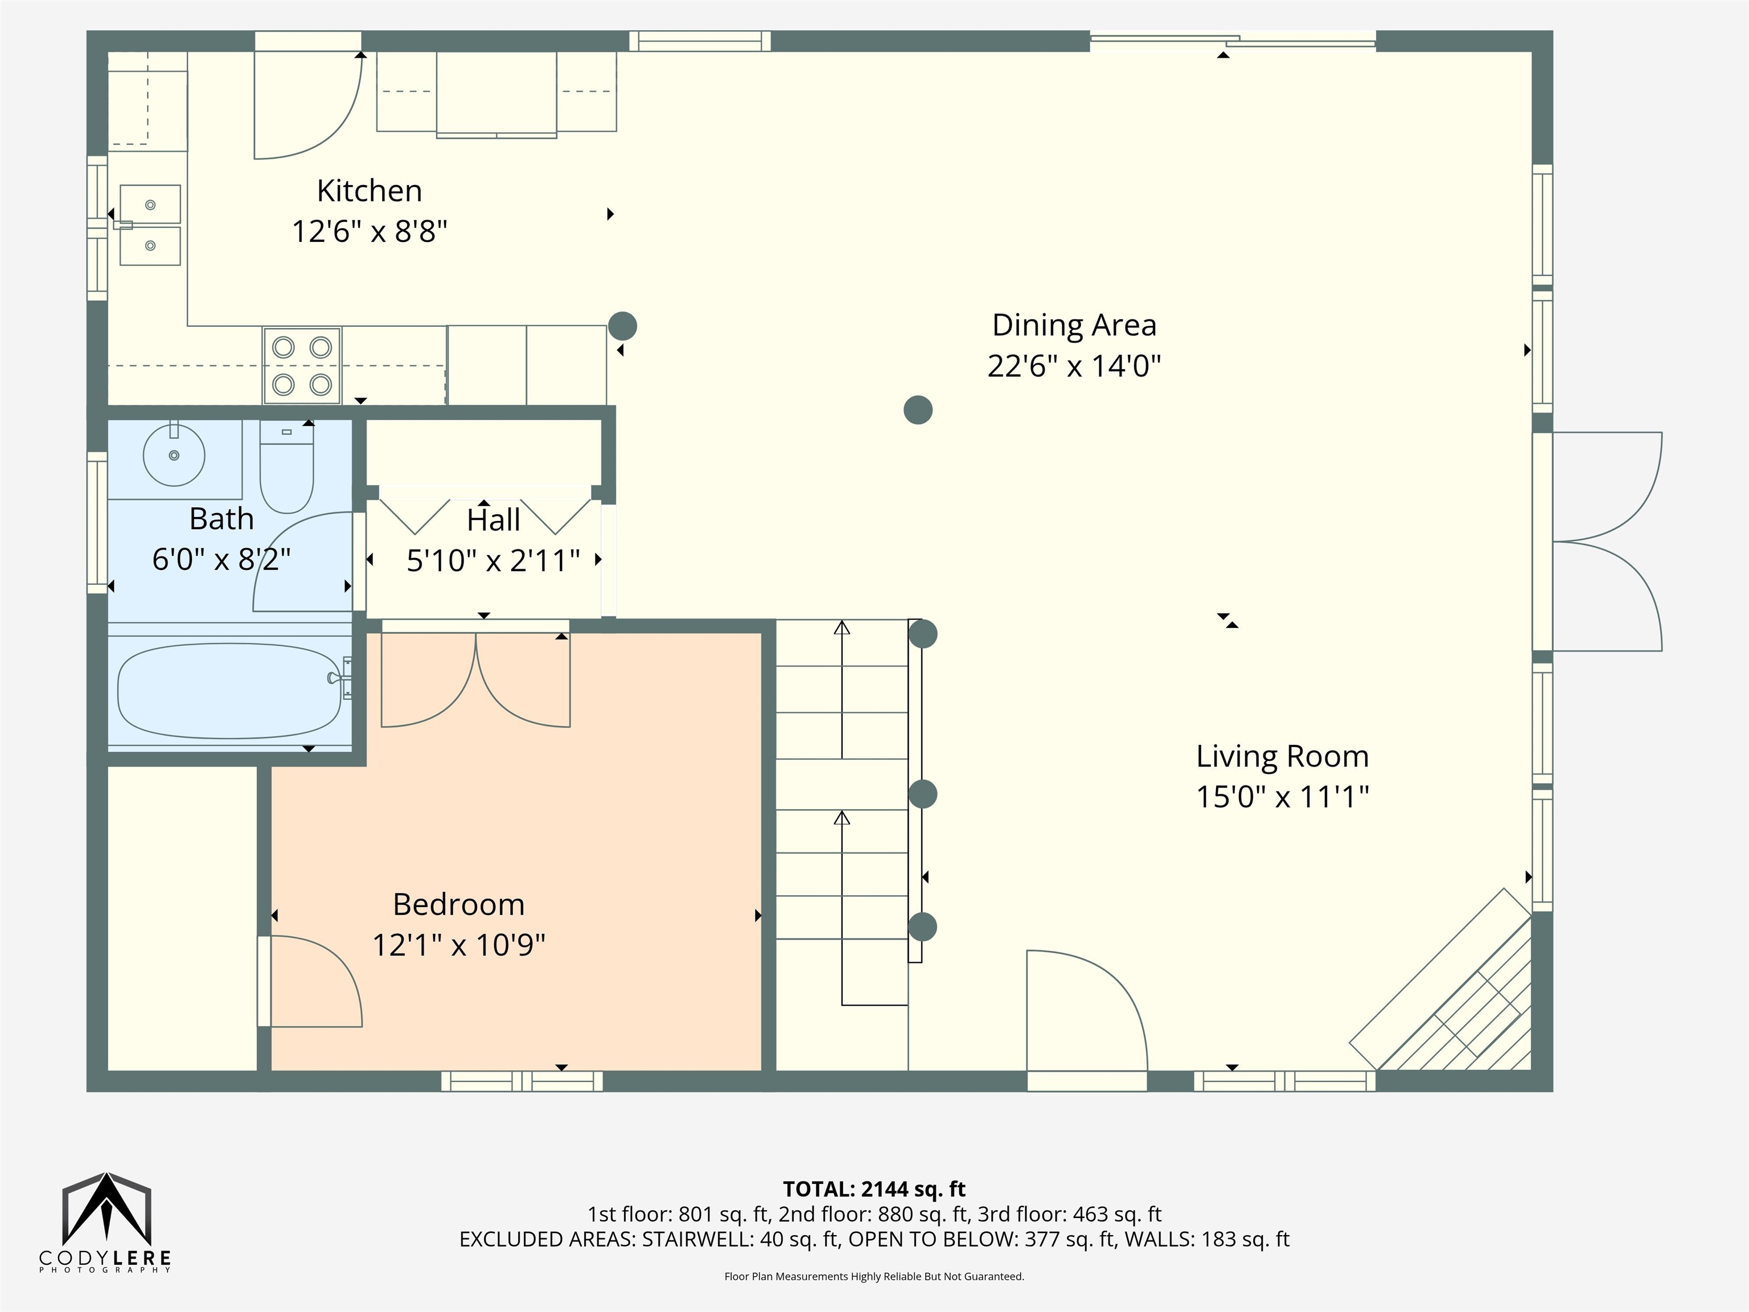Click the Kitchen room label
coord(369,191)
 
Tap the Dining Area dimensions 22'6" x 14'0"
coord(1074,366)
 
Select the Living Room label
coord(1282,756)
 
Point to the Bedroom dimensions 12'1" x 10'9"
coord(458,944)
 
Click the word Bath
coord(221,519)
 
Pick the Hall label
coord(494,519)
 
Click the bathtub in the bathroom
coord(230,690)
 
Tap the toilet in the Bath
coord(286,466)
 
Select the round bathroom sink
coord(174,455)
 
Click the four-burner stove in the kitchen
coord(302,366)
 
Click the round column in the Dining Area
coord(918,409)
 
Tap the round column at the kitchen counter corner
coord(623,326)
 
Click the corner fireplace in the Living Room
coord(1440,981)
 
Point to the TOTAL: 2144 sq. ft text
coord(874,1188)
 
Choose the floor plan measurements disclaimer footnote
coord(874,1276)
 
